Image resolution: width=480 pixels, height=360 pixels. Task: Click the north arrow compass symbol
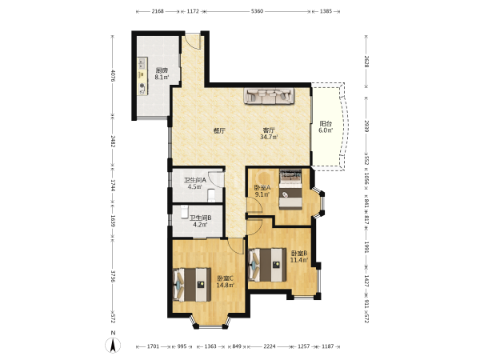click(113, 345)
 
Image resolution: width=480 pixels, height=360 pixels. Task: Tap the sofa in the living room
click(269, 96)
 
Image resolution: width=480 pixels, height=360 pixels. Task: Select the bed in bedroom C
click(192, 285)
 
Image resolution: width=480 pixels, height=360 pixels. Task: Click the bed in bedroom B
click(267, 265)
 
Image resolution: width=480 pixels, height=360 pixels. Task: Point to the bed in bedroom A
click(290, 190)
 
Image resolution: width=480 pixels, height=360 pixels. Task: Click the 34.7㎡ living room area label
click(269, 137)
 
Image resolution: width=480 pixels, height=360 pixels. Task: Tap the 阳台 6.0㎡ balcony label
click(326, 127)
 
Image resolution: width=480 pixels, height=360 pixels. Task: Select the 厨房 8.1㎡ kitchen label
click(162, 74)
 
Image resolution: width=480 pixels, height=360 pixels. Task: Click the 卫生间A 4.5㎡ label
click(194, 184)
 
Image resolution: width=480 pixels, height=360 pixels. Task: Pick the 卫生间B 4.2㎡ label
click(200, 222)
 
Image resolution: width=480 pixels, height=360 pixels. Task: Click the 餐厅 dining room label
click(219, 130)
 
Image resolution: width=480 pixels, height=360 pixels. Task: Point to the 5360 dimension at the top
click(257, 11)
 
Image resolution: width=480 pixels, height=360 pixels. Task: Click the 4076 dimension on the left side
click(113, 76)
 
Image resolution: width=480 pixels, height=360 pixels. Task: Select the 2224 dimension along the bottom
click(270, 346)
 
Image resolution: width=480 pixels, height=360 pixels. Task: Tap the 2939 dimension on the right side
click(366, 126)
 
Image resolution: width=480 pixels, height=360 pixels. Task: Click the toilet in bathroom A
click(211, 196)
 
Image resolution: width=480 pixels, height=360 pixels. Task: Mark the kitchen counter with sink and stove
click(142, 76)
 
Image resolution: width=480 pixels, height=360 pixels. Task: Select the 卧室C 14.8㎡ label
click(226, 282)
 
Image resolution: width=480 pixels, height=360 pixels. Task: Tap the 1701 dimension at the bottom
click(153, 346)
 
